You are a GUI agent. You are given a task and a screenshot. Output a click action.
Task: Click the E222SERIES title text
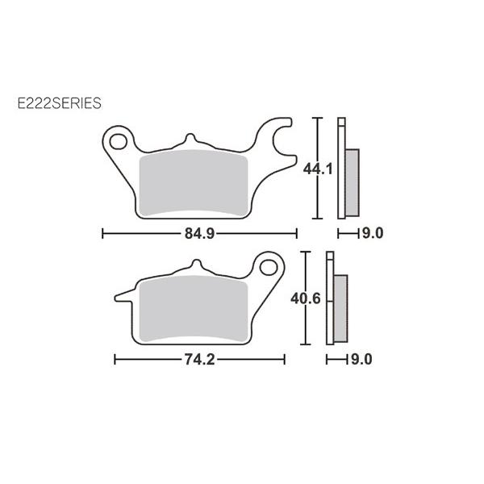click(59, 103)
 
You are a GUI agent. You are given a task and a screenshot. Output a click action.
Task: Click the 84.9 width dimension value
click(199, 233)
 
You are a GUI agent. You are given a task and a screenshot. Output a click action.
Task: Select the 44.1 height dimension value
click(318, 169)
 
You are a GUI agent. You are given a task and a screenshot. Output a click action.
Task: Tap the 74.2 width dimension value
click(199, 359)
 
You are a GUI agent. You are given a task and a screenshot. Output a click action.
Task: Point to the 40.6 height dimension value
click(305, 298)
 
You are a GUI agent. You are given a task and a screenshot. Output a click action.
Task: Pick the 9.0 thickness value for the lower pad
click(361, 359)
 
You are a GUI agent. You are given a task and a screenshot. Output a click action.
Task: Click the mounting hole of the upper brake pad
click(119, 142)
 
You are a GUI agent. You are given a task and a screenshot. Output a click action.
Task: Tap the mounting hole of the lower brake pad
click(269, 267)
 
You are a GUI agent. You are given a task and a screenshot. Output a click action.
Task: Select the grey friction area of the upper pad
click(194, 183)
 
